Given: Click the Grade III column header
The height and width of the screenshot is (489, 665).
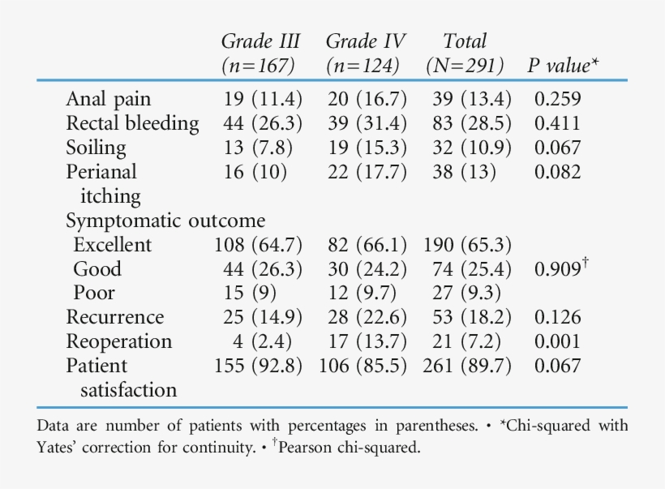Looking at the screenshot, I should click(x=260, y=54).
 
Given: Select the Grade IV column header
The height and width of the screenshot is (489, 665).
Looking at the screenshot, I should click(x=365, y=54).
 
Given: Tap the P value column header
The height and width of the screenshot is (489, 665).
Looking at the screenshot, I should click(x=563, y=66).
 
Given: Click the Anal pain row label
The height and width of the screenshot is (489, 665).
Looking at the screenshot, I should click(x=109, y=100).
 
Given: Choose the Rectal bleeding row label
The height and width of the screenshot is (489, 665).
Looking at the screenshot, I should click(x=132, y=123).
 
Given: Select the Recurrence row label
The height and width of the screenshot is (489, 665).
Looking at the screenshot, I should click(x=114, y=317).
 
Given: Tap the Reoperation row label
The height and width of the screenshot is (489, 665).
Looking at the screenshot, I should click(x=118, y=341).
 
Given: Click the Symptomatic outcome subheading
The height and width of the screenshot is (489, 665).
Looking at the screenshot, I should click(x=165, y=221).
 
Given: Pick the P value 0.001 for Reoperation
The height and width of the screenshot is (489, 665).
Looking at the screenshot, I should click(x=557, y=341).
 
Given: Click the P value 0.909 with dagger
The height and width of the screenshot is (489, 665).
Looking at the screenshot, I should click(x=560, y=268).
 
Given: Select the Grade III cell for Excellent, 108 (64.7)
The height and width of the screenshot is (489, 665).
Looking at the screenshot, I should click(x=258, y=245).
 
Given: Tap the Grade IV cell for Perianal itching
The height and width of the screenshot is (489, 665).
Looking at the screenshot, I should click(x=365, y=172).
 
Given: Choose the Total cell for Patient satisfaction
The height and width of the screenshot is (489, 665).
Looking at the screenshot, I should click(x=467, y=366).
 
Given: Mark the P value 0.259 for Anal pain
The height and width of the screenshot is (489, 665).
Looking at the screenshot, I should click(x=557, y=100).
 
